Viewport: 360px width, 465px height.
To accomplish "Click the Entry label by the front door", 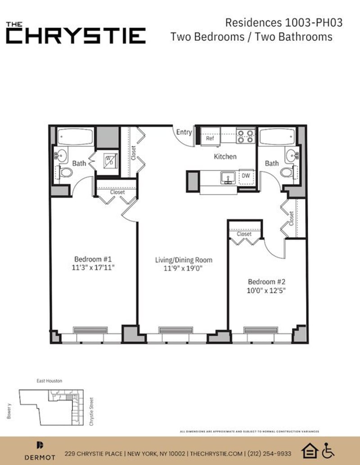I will coord(184,132).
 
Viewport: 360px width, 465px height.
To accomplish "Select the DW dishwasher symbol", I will coord(246,175).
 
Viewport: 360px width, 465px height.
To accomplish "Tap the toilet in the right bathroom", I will coord(287,172).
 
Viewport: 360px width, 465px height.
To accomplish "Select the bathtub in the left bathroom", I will coord(75,136).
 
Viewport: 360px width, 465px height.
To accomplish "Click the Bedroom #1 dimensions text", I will coord(96,267).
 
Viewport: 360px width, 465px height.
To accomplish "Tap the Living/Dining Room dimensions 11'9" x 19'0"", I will coord(184,268).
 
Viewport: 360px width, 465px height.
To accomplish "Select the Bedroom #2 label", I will coord(267,282).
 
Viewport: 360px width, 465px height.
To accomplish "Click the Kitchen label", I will coord(225,156).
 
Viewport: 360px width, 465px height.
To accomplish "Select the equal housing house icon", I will coord(311,451).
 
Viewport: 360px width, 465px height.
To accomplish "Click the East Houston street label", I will coord(49,381).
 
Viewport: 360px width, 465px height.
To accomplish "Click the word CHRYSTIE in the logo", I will coord(76,36).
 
